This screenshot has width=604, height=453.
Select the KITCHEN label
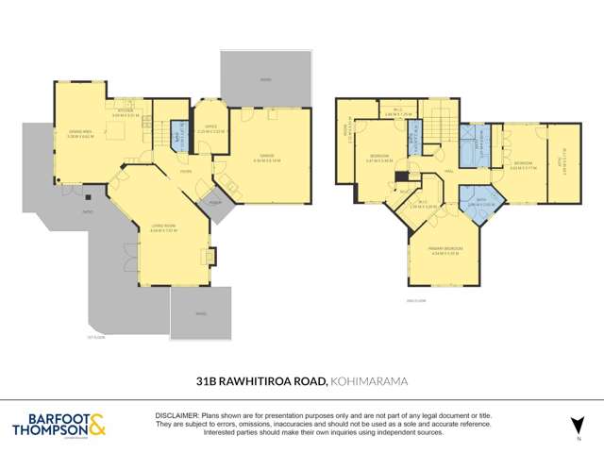click(x=126, y=109)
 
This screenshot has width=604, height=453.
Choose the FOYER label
click(x=187, y=172)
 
